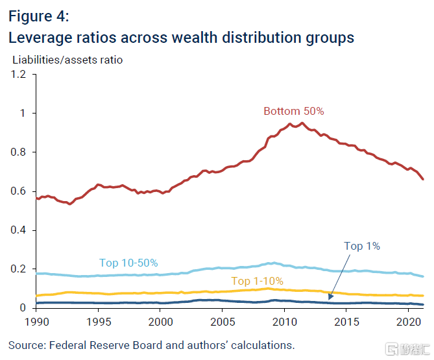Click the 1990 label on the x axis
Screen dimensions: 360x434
click(x=37, y=321)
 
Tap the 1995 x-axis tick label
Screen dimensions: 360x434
click(x=99, y=321)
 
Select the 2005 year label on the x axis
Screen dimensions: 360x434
click(x=222, y=321)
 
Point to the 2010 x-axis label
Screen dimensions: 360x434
click(x=283, y=321)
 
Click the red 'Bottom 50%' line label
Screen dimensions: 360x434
click(x=293, y=111)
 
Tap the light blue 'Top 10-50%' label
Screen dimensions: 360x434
click(x=128, y=263)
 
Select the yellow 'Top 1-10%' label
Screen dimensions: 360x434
click(x=258, y=281)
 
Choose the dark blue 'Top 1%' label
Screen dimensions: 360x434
click(x=361, y=246)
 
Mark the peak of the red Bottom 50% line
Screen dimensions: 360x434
click(x=302, y=123)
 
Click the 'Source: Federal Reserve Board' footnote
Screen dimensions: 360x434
click(x=151, y=344)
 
